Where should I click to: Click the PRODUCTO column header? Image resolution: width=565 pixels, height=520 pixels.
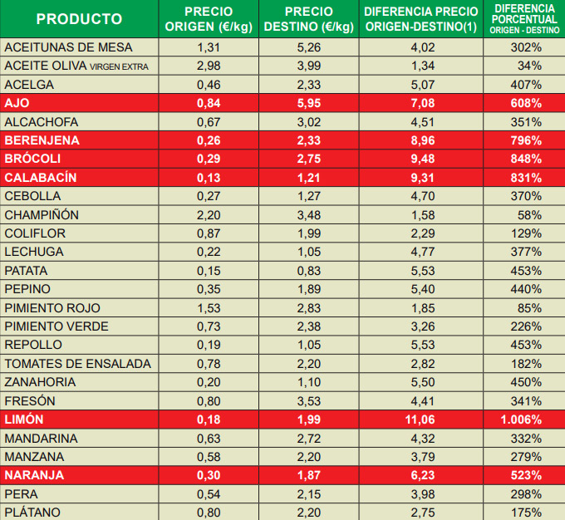coord(80,18)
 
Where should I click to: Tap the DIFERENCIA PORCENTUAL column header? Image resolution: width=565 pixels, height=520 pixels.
coord(524,18)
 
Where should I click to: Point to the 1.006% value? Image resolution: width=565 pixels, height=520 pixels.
coord(524,419)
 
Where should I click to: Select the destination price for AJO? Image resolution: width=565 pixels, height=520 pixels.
coord(309,103)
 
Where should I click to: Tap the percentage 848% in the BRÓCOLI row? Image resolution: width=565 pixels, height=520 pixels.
coord(527,159)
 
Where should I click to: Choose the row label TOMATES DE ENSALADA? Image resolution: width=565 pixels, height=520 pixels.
coord(78,364)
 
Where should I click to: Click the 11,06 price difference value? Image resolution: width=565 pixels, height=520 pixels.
coord(420,419)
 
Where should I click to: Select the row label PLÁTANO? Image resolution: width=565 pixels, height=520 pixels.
coord(32,513)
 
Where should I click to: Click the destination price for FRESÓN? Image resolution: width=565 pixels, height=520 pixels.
coord(309,401)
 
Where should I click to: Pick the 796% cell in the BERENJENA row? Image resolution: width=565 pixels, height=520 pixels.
coord(527,140)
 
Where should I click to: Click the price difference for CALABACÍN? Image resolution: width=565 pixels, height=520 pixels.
coord(420,178)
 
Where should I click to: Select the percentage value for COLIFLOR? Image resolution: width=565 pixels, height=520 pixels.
coord(527,233)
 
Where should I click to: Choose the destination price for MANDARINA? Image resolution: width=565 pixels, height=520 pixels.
coord(309,439)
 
